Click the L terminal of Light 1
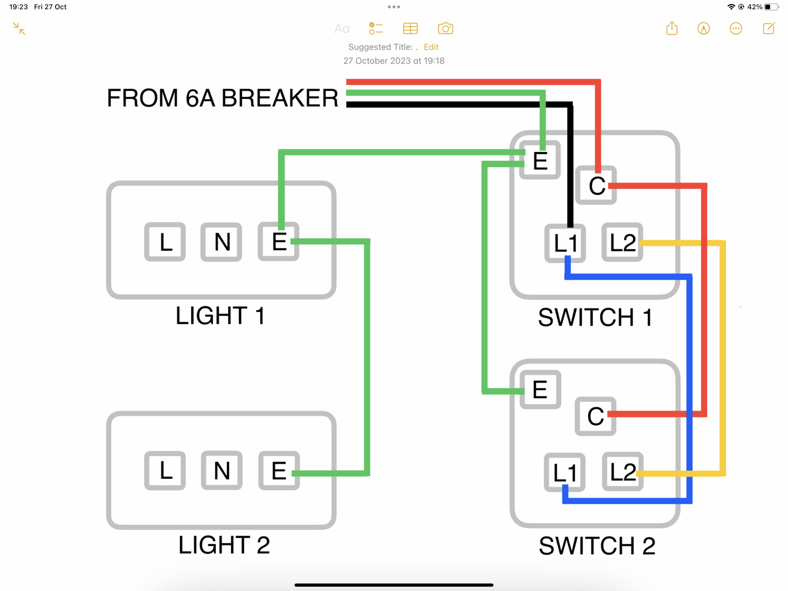[165, 242]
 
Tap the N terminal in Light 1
[221, 242]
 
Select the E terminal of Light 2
[279, 471]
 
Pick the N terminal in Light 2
[222, 471]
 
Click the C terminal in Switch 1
[596, 186]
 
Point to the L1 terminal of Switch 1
[565, 243]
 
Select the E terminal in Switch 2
[540, 390]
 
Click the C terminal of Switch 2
[595, 416]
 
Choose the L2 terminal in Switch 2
[623, 472]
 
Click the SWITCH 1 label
[595, 317]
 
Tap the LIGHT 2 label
[224, 545]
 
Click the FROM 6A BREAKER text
[223, 98]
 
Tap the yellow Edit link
[431, 47]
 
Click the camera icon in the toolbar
[445, 29]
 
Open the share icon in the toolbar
[672, 29]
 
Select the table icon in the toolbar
[410, 29]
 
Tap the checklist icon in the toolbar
[376, 29]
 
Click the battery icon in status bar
[771, 7]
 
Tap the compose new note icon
[769, 29]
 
